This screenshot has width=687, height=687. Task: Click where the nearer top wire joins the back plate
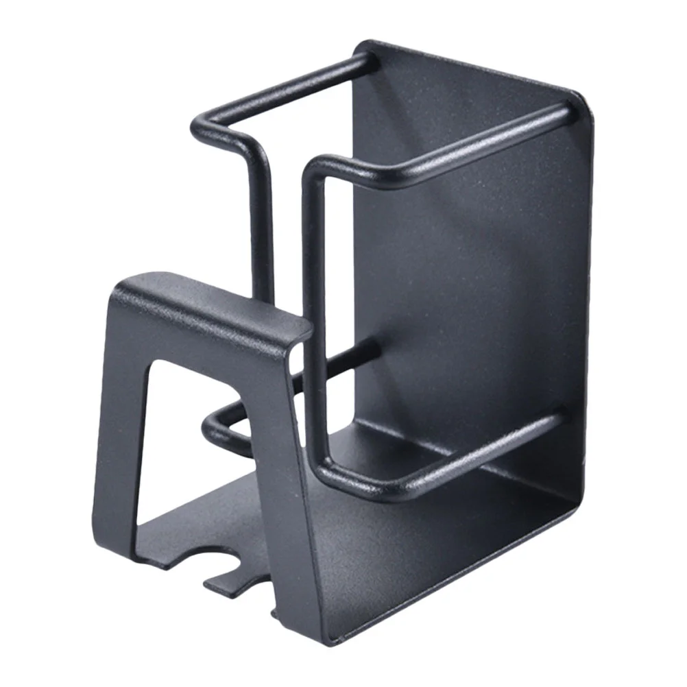562,113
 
